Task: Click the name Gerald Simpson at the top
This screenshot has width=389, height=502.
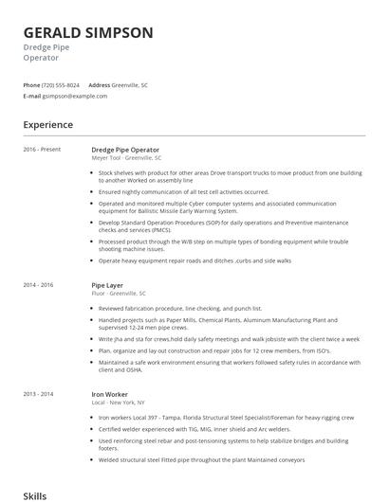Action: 88,32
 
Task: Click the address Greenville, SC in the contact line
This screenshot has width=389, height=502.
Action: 131,85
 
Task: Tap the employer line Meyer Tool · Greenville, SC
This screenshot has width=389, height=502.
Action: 126,158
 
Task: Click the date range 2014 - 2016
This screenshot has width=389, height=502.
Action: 39,284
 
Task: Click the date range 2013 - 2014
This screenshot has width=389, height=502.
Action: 39,392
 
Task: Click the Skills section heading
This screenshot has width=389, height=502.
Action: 34,494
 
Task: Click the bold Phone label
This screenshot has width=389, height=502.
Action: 31,85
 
